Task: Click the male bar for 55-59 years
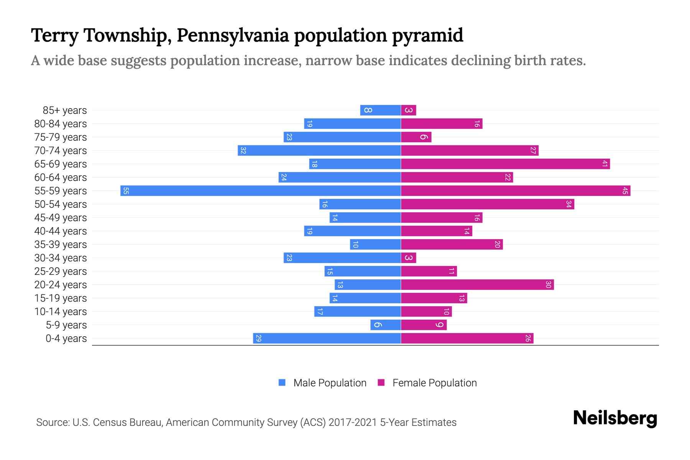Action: [x=261, y=191]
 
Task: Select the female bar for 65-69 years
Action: [x=505, y=164]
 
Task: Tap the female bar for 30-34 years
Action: [x=409, y=258]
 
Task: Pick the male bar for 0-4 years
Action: [x=327, y=338]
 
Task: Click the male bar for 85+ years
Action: [x=380, y=110]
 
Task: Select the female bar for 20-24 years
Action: [x=477, y=285]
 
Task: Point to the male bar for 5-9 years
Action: [x=385, y=325]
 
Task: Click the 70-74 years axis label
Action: [x=61, y=151]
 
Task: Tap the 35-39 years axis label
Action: [x=61, y=245]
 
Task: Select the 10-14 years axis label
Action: [x=61, y=312]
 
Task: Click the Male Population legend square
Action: [x=282, y=383]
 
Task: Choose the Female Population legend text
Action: [x=434, y=383]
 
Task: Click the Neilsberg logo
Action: [x=615, y=418]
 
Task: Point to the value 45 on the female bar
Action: [x=625, y=191]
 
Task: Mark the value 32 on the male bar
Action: [x=243, y=151]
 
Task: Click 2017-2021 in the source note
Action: [x=352, y=422]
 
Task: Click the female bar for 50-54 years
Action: [x=487, y=204]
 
